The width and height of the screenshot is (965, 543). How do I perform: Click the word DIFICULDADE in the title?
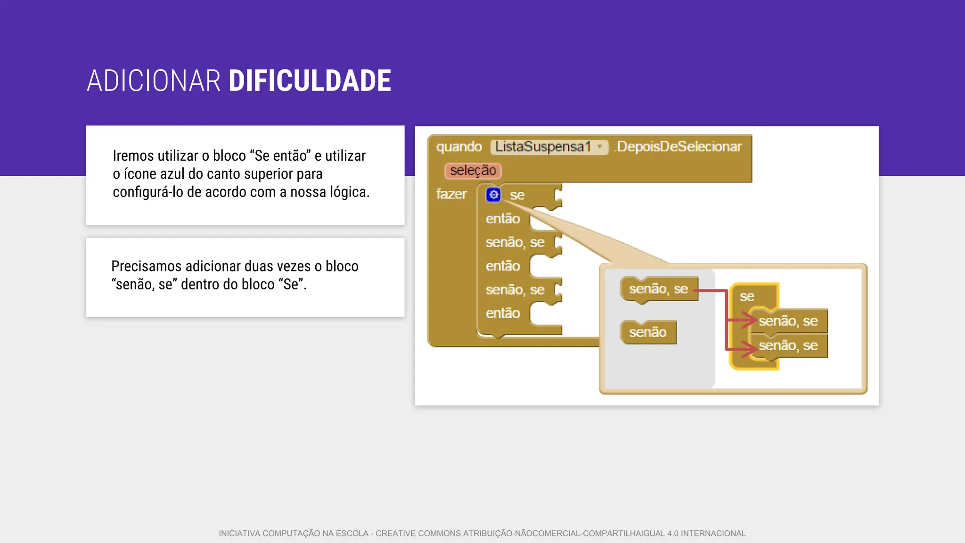point(310,81)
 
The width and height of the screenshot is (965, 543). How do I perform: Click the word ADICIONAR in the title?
point(154,81)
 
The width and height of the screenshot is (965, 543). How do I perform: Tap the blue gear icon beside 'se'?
point(493,195)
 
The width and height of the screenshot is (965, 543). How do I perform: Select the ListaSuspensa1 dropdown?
point(549,147)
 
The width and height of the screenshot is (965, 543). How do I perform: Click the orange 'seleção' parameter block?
point(473,171)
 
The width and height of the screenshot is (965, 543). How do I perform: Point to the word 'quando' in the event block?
point(459,147)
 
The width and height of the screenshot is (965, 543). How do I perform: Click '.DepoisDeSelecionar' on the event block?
point(679,147)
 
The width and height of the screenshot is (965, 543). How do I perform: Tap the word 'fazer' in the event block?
point(451,194)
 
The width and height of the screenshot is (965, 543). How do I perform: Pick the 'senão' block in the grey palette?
point(648,332)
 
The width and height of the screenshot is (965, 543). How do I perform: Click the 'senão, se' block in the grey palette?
point(658,289)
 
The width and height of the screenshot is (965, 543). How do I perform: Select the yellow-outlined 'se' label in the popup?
point(747,297)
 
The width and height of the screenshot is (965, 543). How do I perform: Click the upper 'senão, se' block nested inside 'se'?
point(788,321)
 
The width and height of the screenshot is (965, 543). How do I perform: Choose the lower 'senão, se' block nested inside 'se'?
point(788,346)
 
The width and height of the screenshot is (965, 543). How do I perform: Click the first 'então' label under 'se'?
point(502,219)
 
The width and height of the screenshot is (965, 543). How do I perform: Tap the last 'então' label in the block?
point(502,313)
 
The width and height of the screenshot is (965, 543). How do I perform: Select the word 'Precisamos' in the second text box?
point(146,266)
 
